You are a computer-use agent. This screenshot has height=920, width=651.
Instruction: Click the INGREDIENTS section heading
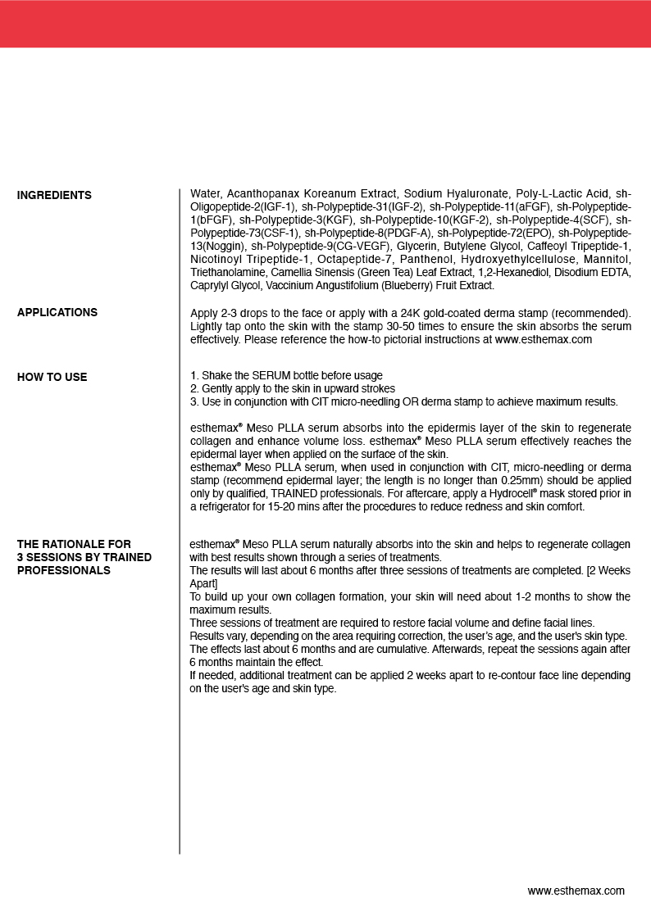54,195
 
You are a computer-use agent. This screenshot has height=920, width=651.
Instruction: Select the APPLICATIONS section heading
57,312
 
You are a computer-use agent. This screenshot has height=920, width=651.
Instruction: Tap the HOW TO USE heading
52,377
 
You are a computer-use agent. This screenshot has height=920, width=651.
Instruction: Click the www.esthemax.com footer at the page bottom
576,891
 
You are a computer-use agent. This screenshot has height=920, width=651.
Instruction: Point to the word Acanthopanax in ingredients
262,194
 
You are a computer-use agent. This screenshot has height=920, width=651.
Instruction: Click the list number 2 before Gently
193,388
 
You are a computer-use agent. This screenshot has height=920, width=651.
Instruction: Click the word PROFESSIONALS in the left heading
64,570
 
